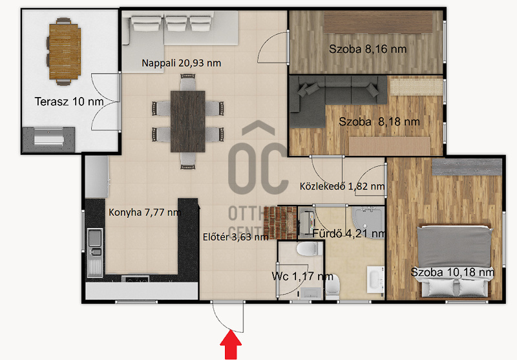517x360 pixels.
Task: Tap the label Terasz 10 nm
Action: [69, 101]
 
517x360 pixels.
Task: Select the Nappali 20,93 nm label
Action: [182, 63]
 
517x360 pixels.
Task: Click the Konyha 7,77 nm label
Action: [145, 212]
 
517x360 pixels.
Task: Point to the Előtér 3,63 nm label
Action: [235, 237]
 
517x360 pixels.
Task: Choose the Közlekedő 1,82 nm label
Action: [343, 186]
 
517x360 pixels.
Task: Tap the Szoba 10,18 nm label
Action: [452, 272]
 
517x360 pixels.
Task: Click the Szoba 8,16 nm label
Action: [368, 49]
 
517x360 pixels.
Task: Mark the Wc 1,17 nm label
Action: [302, 276]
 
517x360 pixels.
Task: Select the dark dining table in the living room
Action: [188, 122]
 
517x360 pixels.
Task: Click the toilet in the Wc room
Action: [310, 249]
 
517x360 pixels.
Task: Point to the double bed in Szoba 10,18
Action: [455, 260]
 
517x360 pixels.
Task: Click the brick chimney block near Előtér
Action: [280, 222]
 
